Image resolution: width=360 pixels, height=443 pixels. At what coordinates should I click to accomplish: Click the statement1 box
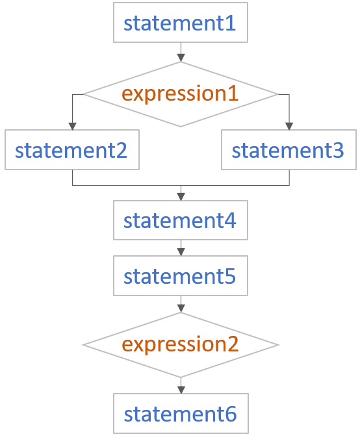click(181, 23)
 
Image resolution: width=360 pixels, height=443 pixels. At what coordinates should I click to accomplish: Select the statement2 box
click(72, 150)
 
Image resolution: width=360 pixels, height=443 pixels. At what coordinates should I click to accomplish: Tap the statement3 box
click(289, 150)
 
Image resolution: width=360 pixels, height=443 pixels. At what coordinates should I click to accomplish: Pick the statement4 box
click(181, 220)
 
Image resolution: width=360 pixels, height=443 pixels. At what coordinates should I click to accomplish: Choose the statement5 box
click(181, 276)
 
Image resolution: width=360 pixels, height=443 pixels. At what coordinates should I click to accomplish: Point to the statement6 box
click(181, 413)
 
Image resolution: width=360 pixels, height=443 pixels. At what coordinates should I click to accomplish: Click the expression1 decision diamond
click(181, 94)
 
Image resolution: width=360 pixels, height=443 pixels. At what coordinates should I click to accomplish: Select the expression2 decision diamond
click(181, 345)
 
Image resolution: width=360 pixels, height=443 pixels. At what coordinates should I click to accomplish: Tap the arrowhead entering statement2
click(72, 126)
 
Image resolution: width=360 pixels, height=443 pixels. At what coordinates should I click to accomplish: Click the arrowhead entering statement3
click(289, 126)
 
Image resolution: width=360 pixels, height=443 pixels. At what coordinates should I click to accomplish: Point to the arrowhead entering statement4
click(181, 197)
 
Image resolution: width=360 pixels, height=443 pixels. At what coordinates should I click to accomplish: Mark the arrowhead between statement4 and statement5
click(181, 252)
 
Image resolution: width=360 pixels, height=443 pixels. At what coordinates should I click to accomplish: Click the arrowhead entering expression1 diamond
click(181, 58)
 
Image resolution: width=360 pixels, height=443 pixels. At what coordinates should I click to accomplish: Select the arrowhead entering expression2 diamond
click(181, 309)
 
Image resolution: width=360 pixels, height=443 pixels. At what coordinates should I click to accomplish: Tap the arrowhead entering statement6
click(181, 390)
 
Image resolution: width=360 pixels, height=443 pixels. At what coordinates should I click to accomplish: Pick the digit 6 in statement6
click(231, 414)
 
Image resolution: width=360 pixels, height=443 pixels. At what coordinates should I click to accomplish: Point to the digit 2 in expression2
click(233, 344)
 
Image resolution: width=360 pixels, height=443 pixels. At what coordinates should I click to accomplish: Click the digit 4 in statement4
click(230, 221)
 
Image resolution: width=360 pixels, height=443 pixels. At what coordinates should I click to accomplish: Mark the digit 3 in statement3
click(339, 150)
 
